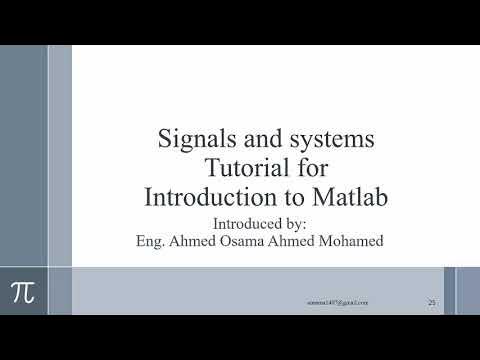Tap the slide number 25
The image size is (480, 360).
coord(432,302)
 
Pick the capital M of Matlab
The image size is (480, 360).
coord(327,196)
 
